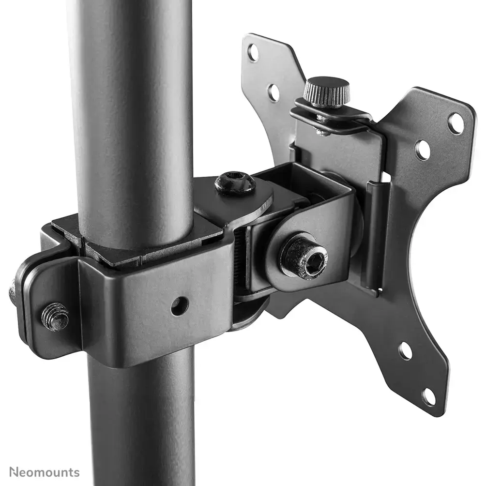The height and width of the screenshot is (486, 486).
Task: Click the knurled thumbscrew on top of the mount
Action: click(x=326, y=91)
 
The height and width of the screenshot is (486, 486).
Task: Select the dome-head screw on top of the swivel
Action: click(x=235, y=183)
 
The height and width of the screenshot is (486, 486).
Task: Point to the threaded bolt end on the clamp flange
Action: click(x=55, y=317)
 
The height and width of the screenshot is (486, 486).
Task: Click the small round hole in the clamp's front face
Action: click(x=179, y=305)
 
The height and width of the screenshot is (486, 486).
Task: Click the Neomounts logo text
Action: click(x=44, y=472)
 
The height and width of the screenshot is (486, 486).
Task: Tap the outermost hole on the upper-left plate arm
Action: click(x=253, y=53)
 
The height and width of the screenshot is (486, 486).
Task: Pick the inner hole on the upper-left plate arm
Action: click(x=274, y=92)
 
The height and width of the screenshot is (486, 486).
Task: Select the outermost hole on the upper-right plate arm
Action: click(x=456, y=123)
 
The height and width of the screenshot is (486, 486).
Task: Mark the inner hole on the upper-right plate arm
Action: click(x=423, y=150)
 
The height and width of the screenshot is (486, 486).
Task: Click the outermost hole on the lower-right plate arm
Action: click(x=428, y=396)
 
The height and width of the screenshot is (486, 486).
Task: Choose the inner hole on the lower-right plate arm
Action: click(x=405, y=351)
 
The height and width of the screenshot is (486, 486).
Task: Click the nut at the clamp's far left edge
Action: click(x=13, y=293)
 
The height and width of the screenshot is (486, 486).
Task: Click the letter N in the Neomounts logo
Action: click(x=14, y=472)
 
